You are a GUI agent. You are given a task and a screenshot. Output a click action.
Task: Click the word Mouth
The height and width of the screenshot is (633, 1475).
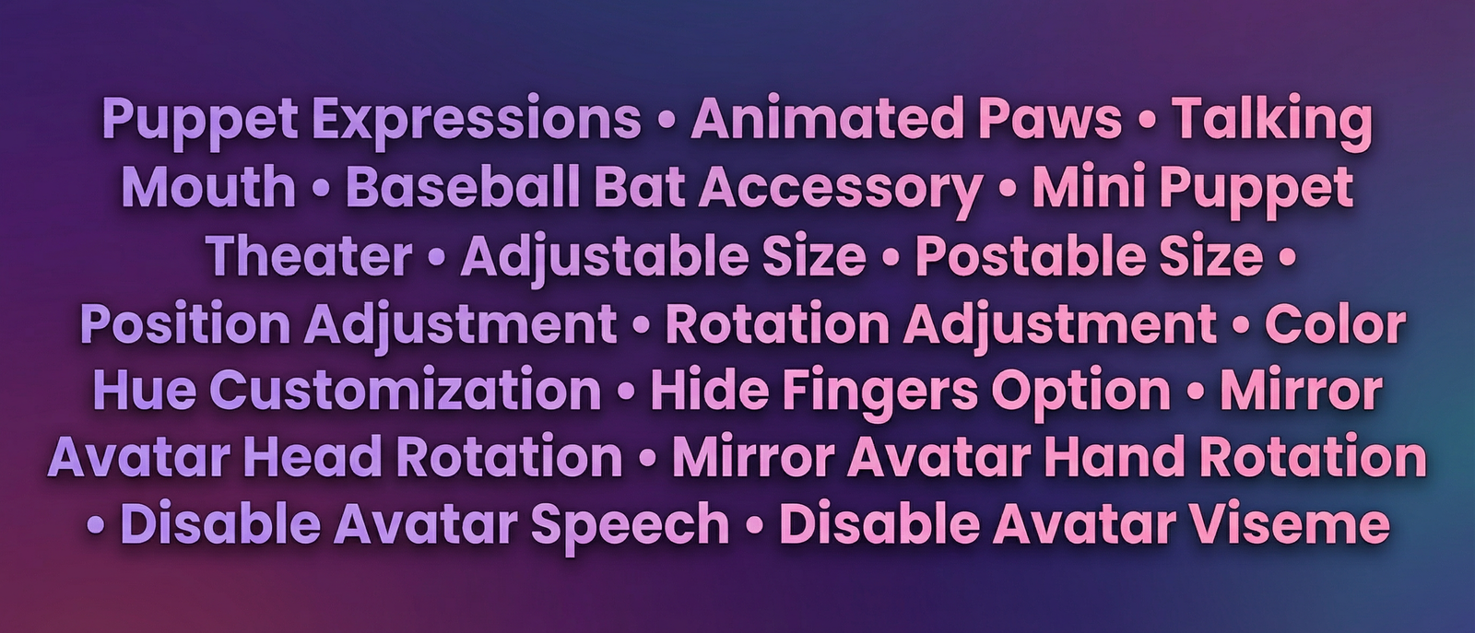pos(208,187)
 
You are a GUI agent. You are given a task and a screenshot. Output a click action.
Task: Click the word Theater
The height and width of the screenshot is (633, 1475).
pos(309,255)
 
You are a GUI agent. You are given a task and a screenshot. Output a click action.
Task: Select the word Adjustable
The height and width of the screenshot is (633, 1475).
pos(605,259)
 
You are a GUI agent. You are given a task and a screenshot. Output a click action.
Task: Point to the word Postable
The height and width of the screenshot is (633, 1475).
pos(1030,255)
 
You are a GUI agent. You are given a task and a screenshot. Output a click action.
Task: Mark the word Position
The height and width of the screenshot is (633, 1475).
pos(185,323)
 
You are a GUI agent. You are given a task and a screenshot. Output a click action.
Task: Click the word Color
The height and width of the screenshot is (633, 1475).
pos(1335,323)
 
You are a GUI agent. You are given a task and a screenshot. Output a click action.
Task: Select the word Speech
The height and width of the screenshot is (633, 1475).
pos(631,527)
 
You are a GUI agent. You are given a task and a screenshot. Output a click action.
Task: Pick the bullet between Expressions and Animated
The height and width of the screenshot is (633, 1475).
pos(666,123)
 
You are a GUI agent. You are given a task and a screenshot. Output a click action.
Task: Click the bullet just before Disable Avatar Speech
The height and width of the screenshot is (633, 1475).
pos(96,525)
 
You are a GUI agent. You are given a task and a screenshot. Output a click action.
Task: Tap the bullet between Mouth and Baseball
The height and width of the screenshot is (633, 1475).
pos(322,190)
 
